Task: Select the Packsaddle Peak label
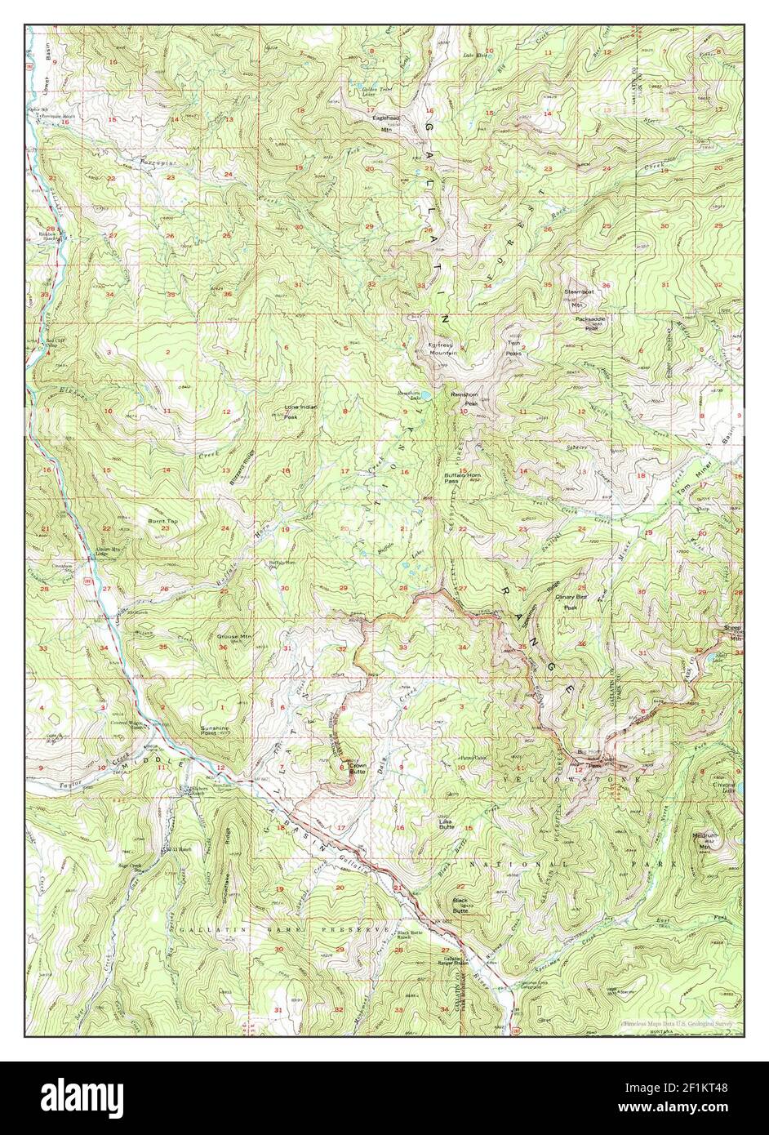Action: [592, 323]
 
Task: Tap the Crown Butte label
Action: [358, 768]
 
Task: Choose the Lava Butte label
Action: [447, 825]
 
